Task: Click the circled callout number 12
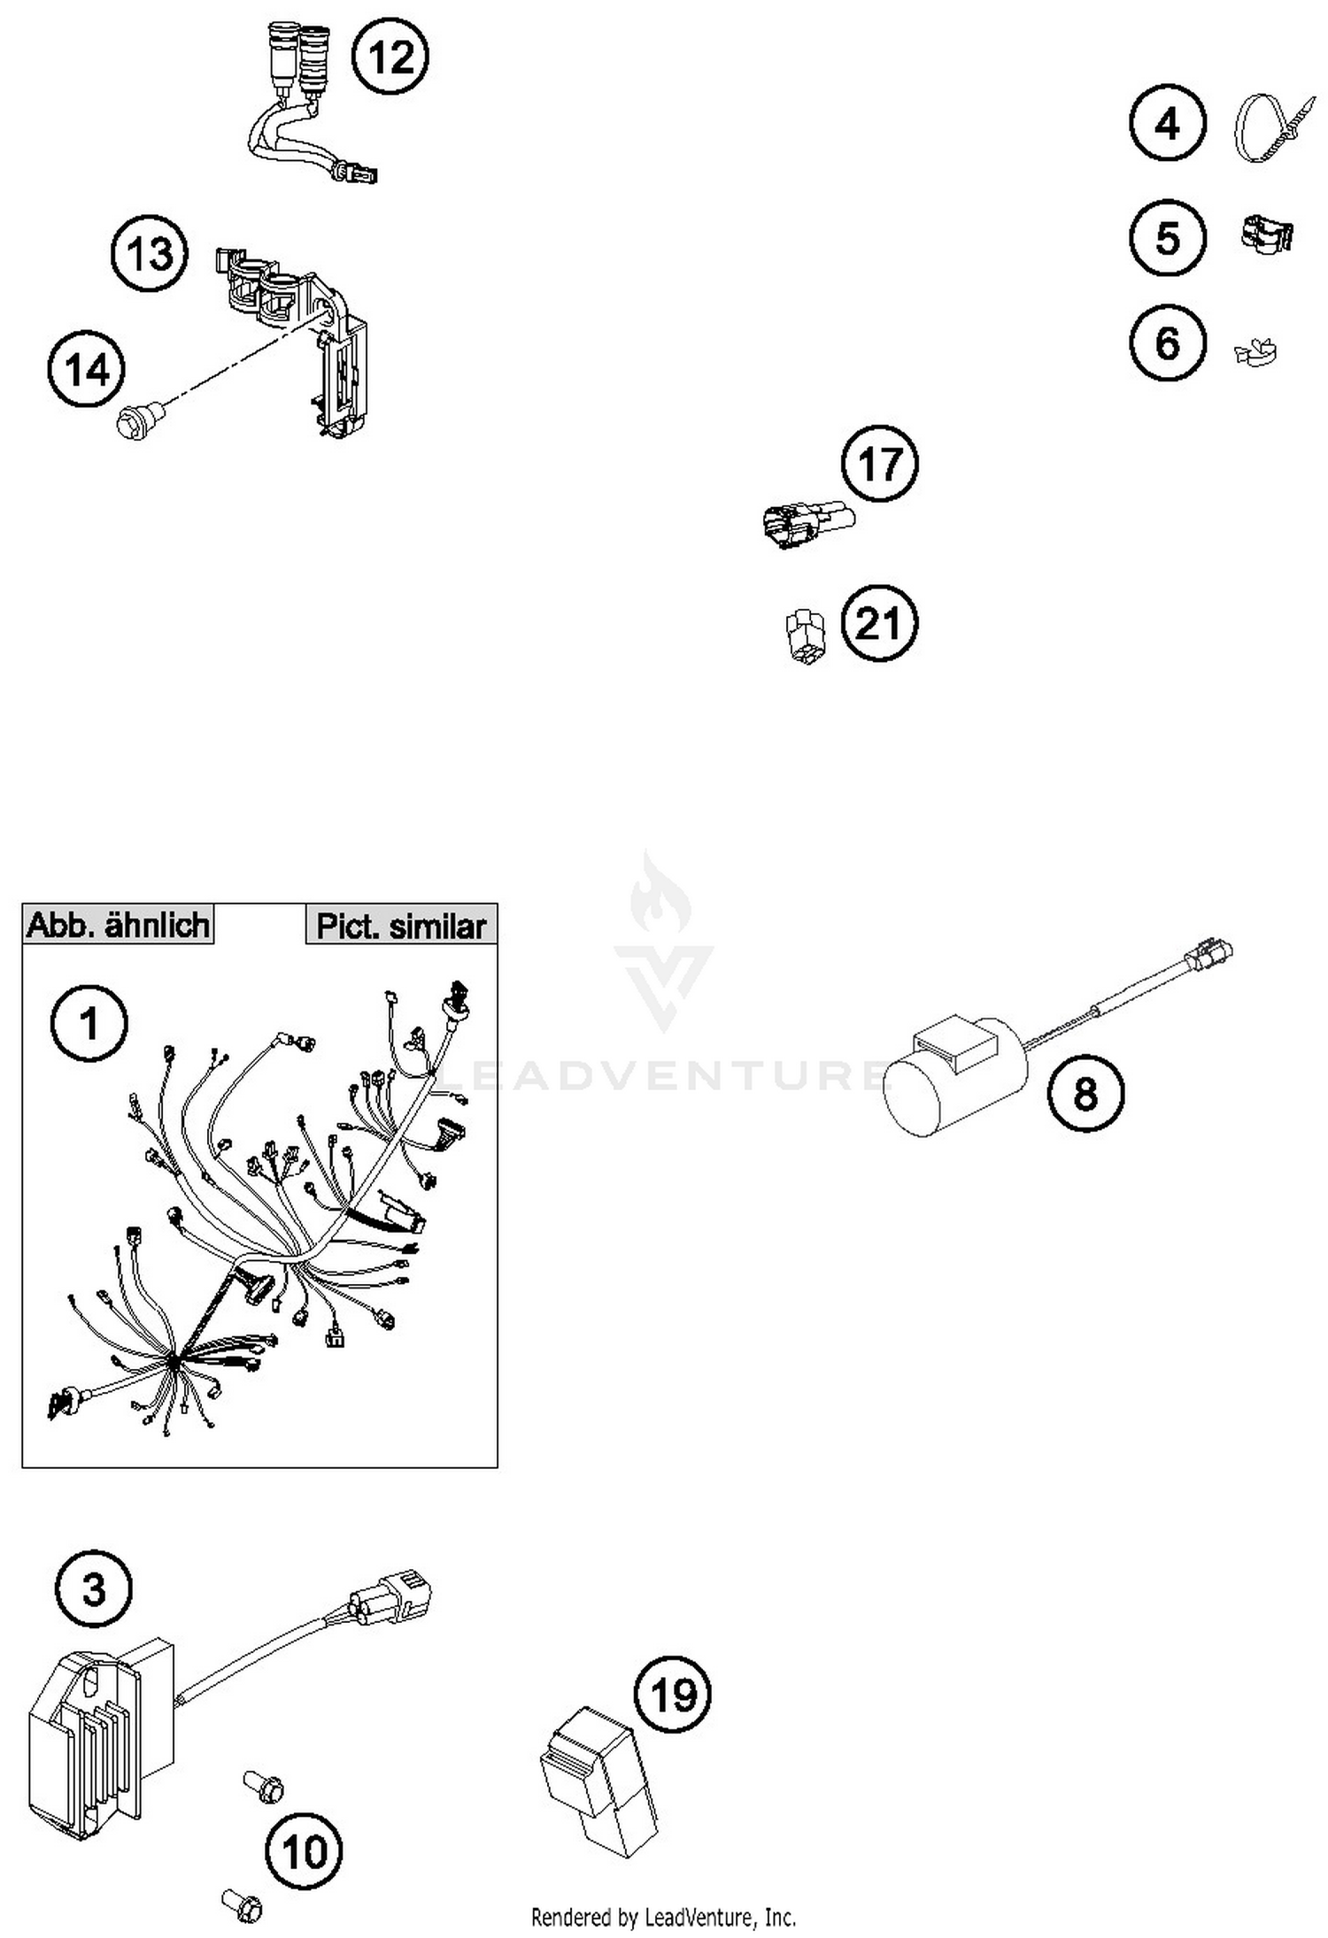pos(390,58)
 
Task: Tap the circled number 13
pos(150,254)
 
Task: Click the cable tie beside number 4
pos(1269,128)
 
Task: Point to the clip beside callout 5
pos(1266,235)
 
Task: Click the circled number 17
pos(879,464)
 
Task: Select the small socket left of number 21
pos(805,634)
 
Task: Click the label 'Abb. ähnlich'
pos(118,925)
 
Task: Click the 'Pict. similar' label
pos(401,926)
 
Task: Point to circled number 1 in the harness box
pos(89,1024)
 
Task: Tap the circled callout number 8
pos(1085,1094)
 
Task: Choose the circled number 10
pos(304,1851)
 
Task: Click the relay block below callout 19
pos(599,1779)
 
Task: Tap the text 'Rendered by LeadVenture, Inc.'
pos(663,1917)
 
